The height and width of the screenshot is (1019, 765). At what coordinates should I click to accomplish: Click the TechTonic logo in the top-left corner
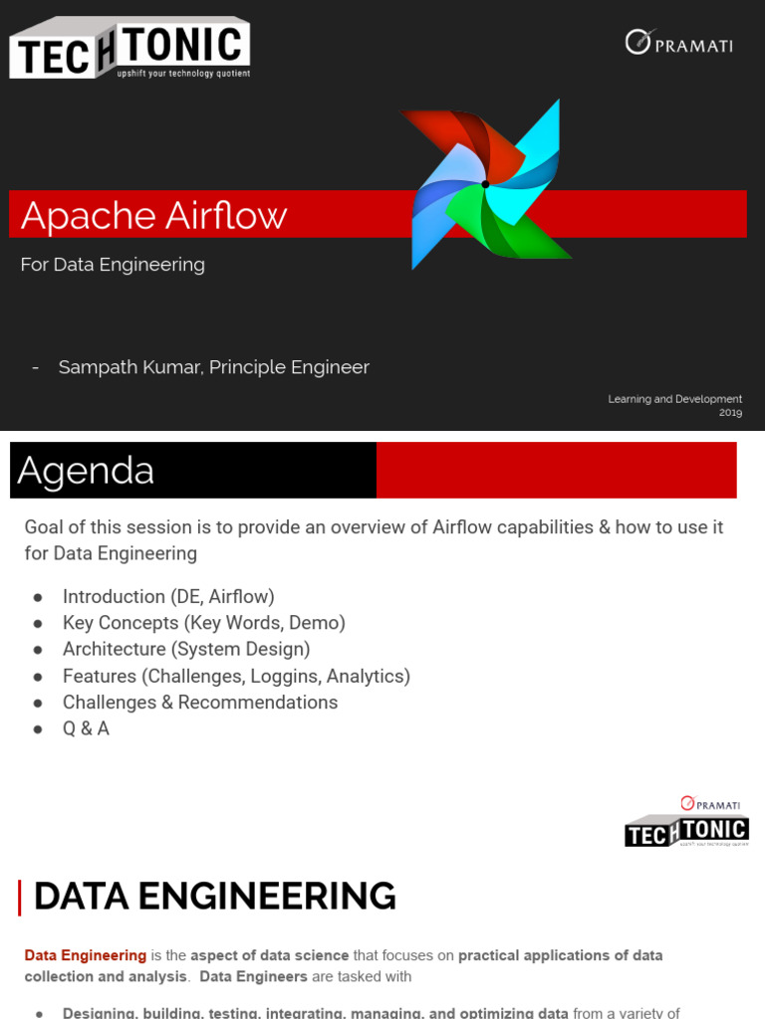(x=129, y=48)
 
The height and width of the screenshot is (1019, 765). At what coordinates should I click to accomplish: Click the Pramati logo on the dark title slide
(x=678, y=43)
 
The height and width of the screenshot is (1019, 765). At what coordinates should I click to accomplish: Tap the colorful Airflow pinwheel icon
(x=485, y=185)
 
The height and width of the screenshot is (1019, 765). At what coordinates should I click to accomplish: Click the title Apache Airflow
(x=153, y=216)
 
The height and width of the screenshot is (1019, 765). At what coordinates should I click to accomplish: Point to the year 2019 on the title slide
(x=730, y=412)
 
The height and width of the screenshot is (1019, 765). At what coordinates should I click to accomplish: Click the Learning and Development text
(x=674, y=399)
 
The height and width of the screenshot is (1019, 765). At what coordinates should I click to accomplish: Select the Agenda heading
(x=86, y=471)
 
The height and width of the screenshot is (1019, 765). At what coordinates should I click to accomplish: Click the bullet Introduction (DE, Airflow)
(x=167, y=597)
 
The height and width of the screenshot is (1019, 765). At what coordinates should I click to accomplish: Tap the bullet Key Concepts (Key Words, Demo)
(x=203, y=623)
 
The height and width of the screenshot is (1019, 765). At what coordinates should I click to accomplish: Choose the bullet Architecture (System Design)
(x=186, y=650)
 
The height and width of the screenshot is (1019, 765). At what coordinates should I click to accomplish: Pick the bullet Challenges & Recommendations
(x=199, y=703)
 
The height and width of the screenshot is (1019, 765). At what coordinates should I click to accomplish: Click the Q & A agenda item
(x=86, y=729)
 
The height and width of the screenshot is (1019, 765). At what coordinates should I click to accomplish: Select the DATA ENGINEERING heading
(x=214, y=897)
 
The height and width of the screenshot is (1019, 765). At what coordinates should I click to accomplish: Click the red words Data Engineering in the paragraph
(x=85, y=955)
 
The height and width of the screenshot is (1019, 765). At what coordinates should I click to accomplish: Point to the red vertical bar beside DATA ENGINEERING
(x=20, y=897)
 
